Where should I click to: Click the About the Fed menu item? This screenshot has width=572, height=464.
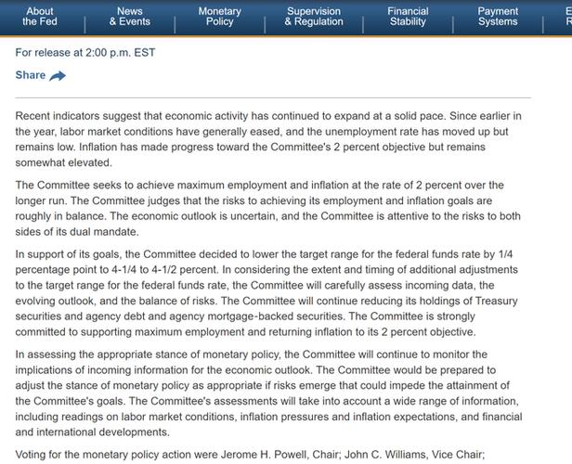pos(40,16)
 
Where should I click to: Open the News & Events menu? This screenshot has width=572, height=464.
pos(130,16)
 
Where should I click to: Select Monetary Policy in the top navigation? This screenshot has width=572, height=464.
pos(220,16)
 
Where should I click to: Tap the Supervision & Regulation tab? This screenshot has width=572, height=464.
pos(313,16)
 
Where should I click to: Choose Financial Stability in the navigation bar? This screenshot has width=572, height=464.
pos(408,16)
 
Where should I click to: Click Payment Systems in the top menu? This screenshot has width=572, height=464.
pos(498,16)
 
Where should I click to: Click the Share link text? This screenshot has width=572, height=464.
pos(31,75)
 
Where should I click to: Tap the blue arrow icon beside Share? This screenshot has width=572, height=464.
pos(58,76)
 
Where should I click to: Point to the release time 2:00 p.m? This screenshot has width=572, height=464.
pos(109,53)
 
